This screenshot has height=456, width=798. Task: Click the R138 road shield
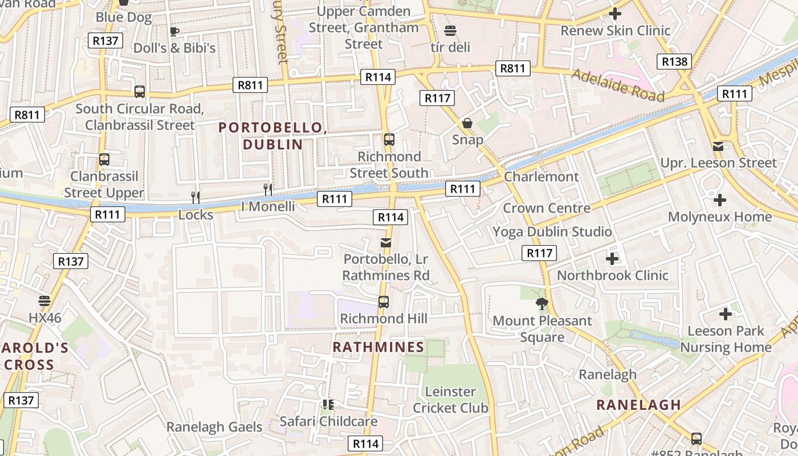(674, 62)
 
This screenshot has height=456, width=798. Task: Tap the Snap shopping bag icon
(467, 123)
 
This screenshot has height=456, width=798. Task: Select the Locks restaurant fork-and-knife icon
(196, 197)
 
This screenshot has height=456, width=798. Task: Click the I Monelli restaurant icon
(268, 189)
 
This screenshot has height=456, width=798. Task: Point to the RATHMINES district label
(378, 347)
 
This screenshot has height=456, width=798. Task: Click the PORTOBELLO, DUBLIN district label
(272, 136)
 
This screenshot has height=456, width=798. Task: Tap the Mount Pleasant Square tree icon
(542, 304)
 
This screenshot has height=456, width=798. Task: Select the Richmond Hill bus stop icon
(384, 302)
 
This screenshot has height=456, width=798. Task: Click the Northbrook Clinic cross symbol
(612, 259)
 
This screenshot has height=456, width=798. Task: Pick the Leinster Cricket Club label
(450, 400)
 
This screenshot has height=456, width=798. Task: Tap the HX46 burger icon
(44, 300)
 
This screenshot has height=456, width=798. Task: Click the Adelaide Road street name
(618, 84)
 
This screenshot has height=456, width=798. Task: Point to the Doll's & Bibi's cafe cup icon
(174, 31)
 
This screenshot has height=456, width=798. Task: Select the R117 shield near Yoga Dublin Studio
(539, 253)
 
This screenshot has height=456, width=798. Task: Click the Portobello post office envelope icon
(386, 243)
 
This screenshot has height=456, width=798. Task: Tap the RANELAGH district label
(638, 405)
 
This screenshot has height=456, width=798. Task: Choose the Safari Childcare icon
(328, 405)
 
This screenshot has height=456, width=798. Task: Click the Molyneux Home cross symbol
(720, 200)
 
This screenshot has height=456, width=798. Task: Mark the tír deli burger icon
(450, 31)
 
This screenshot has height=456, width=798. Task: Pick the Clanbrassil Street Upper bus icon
(104, 160)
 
